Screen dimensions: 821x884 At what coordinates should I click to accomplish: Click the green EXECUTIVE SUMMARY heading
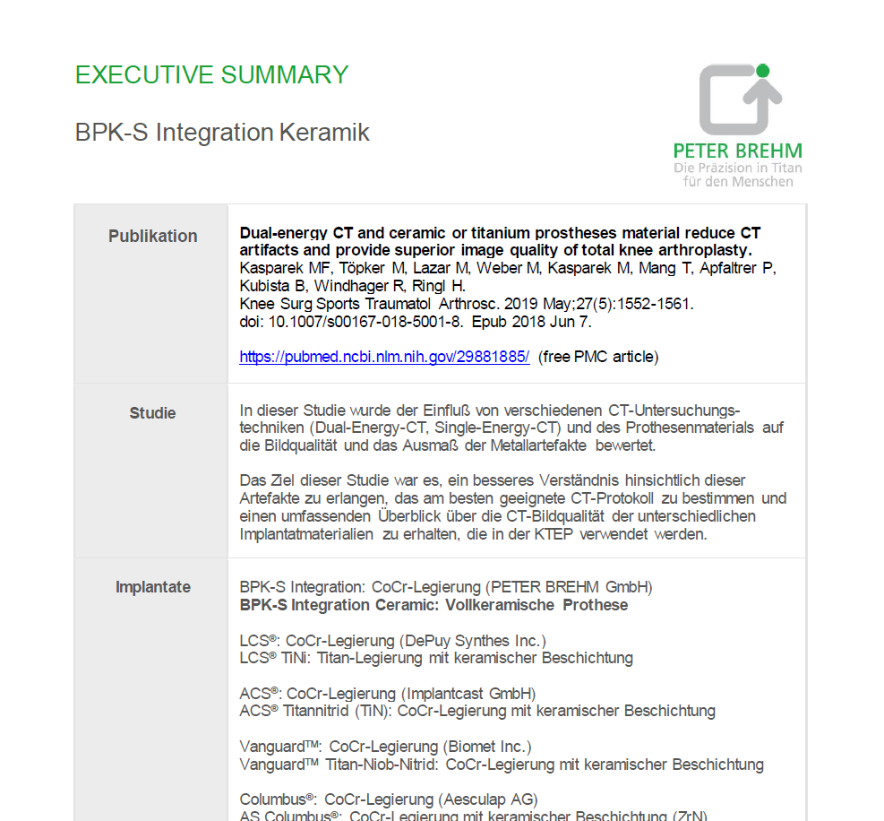(211, 75)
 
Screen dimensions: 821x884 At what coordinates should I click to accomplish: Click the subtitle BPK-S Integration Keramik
(222, 133)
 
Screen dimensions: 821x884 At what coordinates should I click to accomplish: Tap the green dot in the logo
(762, 70)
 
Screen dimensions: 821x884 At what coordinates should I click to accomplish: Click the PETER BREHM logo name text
(738, 151)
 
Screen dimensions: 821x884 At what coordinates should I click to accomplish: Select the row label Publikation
(153, 237)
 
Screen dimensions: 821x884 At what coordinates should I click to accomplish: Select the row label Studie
(153, 413)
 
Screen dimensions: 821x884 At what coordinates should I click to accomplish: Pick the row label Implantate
(153, 587)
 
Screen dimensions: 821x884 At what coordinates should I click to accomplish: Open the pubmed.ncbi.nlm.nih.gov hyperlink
(384, 357)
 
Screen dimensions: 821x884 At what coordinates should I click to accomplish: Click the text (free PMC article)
(598, 357)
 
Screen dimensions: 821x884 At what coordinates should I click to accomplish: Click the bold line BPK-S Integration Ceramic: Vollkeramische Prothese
(433, 605)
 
